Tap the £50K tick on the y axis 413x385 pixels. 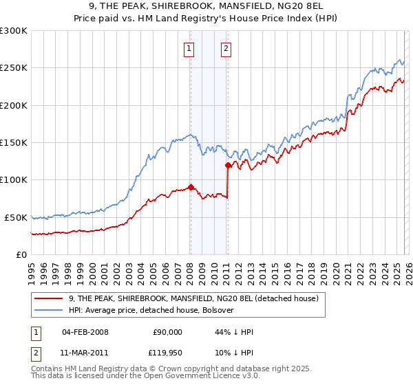pos(16,217)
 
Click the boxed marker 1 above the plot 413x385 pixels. pos(189,48)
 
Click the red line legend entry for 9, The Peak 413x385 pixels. pos(193,298)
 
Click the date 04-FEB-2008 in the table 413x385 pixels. pos(85,332)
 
